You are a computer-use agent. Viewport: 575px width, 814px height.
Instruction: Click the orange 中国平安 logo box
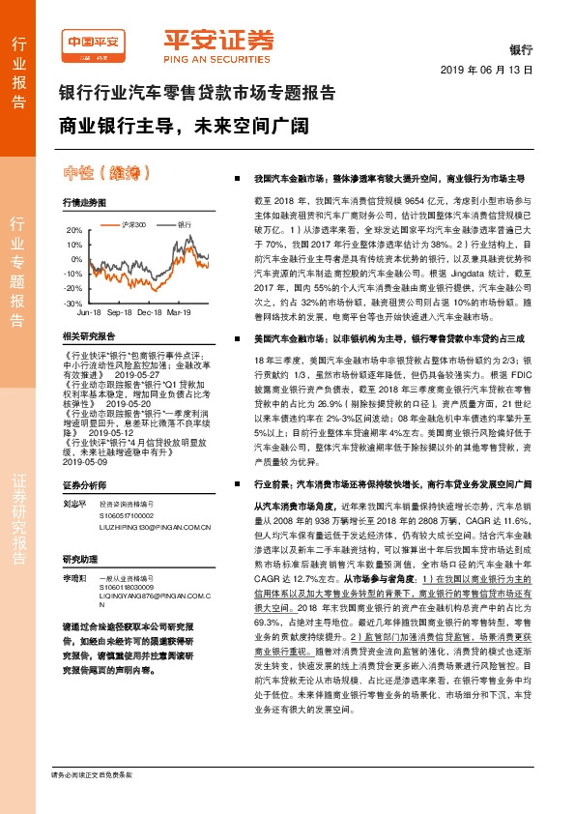(93, 43)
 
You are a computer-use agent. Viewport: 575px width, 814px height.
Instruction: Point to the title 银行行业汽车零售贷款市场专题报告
(197, 95)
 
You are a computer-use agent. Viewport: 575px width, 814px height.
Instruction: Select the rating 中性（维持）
(121, 174)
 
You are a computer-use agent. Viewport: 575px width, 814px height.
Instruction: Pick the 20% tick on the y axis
(73, 231)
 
